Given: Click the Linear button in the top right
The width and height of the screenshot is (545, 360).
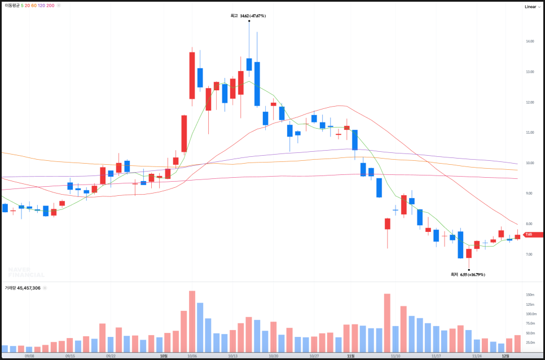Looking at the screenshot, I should (x=530, y=7).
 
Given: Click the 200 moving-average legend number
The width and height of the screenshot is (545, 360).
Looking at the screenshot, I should (x=50, y=5).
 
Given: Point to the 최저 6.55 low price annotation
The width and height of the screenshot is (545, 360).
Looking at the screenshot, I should (x=468, y=275).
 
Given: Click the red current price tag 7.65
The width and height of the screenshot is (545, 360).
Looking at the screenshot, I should (x=531, y=234).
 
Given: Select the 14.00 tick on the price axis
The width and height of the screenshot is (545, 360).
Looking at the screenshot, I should (x=529, y=42).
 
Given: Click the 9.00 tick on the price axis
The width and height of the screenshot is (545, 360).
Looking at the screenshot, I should (x=529, y=194).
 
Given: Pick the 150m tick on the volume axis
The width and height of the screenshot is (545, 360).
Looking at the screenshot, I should (x=530, y=295).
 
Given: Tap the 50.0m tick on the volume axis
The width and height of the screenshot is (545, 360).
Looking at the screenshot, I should (x=530, y=333).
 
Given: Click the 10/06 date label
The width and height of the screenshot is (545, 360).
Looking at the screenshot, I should (x=192, y=356).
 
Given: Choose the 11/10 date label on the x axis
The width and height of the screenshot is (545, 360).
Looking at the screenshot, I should (x=395, y=356).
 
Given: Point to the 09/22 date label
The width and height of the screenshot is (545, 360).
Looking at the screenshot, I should (x=111, y=356).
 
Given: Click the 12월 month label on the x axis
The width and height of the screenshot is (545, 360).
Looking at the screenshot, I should (x=506, y=356).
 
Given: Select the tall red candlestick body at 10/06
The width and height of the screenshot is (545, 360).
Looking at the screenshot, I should (x=192, y=76).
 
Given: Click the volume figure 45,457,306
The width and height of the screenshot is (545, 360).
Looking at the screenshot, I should (x=28, y=288).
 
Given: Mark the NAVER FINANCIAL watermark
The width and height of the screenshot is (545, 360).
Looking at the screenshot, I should (x=26, y=272).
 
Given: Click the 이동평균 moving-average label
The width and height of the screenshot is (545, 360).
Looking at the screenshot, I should (x=12, y=5).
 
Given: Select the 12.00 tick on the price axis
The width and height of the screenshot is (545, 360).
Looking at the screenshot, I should (x=529, y=102).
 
